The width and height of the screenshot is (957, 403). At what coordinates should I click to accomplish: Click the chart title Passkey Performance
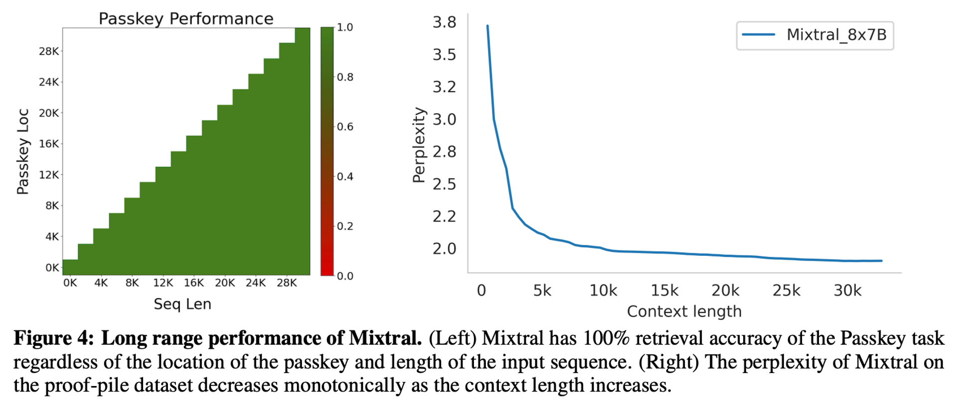tap(186, 18)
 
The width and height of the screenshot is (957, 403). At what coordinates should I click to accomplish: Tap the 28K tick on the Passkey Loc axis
tap(49, 51)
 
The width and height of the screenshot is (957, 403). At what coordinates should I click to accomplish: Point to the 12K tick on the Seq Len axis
tap(163, 283)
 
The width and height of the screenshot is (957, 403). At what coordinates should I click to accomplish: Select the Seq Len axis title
tap(182, 304)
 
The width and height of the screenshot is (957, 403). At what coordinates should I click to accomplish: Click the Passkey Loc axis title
tap(23, 151)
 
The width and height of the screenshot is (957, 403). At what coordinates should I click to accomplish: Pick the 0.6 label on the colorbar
tap(345, 127)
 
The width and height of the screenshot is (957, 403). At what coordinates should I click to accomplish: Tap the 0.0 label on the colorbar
tap(345, 276)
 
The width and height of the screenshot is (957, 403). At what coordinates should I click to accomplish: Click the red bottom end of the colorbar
tap(327, 269)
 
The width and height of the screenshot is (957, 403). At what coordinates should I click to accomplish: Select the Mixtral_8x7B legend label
tap(836, 35)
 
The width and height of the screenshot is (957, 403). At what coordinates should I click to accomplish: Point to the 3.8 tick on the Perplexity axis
tap(444, 22)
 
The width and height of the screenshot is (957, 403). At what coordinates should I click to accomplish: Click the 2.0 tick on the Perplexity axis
tap(444, 248)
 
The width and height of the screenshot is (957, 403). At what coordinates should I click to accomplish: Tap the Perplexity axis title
tap(419, 145)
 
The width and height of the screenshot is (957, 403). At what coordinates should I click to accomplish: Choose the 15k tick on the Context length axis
tap(664, 290)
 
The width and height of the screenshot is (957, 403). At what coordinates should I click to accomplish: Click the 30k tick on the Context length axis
tap(847, 290)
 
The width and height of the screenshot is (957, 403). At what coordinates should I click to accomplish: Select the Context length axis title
tap(684, 311)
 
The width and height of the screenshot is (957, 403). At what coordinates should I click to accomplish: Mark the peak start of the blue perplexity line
tap(487, 26)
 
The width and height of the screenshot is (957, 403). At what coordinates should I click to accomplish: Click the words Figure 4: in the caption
tap(54, 339)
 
